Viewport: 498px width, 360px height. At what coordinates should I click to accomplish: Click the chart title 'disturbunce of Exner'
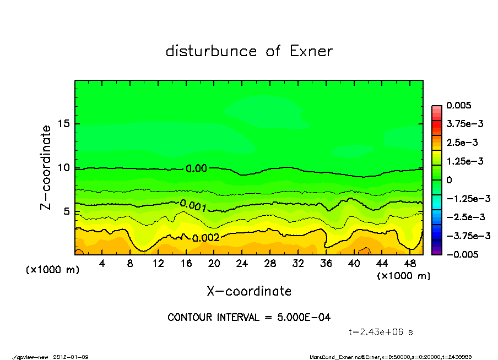tap(249, 51)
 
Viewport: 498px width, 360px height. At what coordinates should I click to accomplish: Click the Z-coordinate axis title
tap(46, 167)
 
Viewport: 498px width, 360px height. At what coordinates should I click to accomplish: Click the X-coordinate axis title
tap(249, 291)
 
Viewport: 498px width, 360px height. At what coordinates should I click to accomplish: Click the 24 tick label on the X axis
tap(242, 264)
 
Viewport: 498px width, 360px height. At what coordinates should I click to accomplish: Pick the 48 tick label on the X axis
tap(409, 264)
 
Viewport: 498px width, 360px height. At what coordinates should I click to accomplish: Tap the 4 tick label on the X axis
tap(102, 264)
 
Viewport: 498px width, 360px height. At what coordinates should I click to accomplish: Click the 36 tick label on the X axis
tap(326, 264)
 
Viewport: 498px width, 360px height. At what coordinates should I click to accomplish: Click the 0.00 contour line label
tap(197, 168)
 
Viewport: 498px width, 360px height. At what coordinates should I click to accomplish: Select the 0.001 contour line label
tap(193, 206)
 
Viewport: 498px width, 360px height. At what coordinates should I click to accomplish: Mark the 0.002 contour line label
tap(206, 238)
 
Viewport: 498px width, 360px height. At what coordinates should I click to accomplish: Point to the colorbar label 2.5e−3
tap(462, 143)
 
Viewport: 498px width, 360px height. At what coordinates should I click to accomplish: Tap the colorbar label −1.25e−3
tap(465, 198)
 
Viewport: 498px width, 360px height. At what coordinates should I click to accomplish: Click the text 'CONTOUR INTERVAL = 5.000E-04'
tap(249, 318)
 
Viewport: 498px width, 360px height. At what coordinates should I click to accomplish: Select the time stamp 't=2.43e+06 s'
tap(381, 332)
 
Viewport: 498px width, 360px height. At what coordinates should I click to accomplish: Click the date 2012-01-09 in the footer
tap(71, 357)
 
